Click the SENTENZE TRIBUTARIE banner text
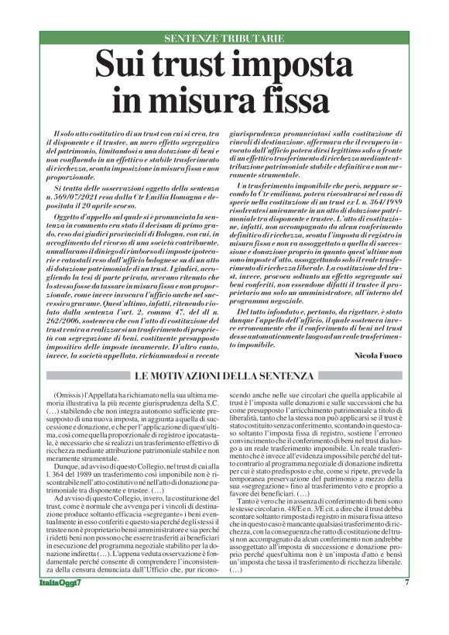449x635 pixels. pyautogui.click(x=224, y=38)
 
